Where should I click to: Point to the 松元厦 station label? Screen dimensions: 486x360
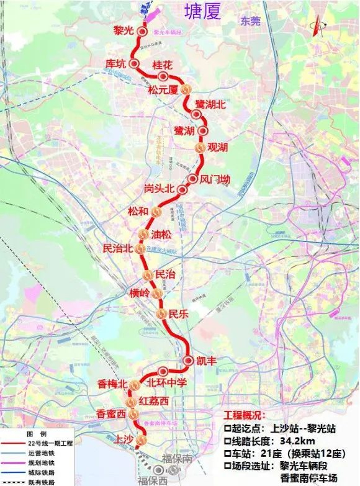point(163,89)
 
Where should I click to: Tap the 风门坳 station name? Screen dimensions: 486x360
point(215,179)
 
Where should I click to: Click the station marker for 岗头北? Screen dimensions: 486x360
point(182,189)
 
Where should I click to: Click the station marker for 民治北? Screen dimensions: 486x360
point(140,249)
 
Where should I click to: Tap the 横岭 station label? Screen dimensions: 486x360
point(140,292)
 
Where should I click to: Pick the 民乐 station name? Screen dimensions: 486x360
point(178,314)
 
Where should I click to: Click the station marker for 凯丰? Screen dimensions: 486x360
point(190,361)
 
